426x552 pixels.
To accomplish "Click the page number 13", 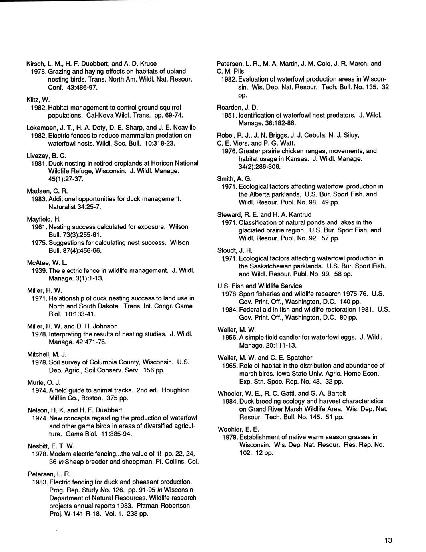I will coord(388,541).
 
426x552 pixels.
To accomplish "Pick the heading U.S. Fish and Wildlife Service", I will coord(259,286).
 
